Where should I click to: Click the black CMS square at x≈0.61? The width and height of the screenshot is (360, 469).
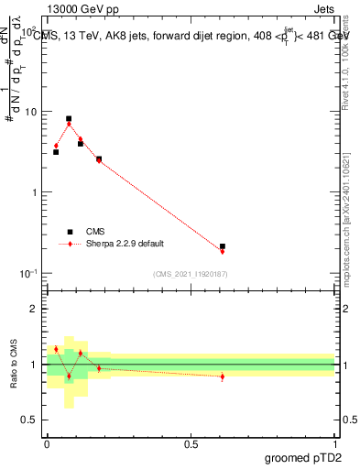[x=223, y=246]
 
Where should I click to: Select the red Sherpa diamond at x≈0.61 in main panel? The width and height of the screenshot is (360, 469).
[x=223, y=251]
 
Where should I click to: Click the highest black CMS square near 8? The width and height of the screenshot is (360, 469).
[x=69, y=119]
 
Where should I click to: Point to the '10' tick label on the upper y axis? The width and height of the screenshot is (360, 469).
[x=30, y=112]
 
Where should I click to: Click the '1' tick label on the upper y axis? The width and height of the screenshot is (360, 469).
[x=34, y=192]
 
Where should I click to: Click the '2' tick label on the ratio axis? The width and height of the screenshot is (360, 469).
[x=34, y=309]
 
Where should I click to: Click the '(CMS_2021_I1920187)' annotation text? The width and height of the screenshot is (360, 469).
[x=190, y=274]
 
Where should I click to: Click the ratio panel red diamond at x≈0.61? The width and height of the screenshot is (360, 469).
[x=223, y=376]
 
